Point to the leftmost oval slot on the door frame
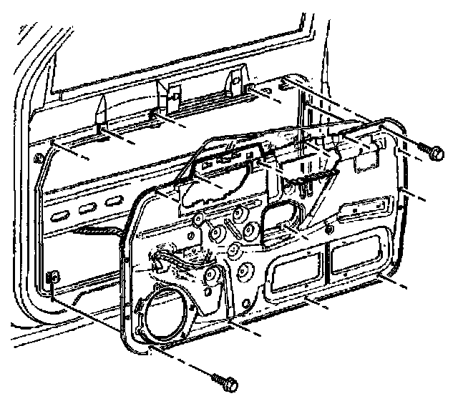coord(61,214)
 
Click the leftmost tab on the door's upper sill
coord(100,112)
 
